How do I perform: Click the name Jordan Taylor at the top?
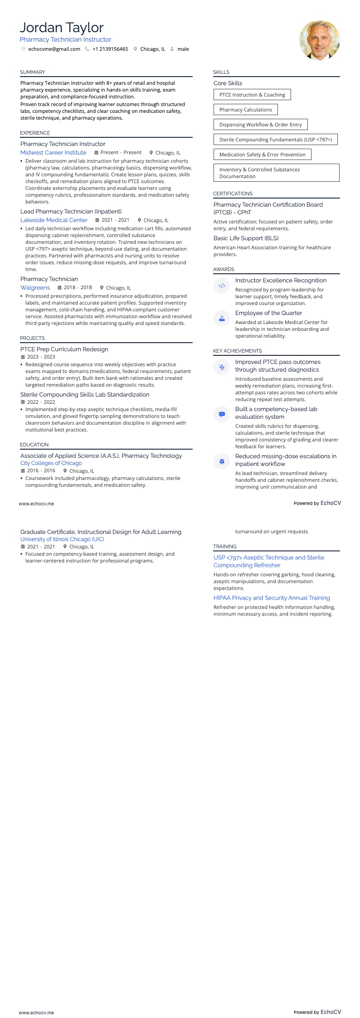[62, 28]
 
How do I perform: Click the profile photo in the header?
[319, 40]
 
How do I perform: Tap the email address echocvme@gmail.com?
[54, 49]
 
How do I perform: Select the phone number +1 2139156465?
[110, 49]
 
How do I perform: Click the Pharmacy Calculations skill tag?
[245, 110]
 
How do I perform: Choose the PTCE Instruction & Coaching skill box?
[252, 95]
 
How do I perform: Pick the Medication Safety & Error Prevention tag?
[262, 155]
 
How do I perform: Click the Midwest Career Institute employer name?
[53, 153]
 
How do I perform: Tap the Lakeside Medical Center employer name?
[54, 220]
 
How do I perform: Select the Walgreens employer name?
[35, 288]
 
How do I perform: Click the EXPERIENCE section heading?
[35, 133]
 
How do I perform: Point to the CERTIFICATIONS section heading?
[233, 194]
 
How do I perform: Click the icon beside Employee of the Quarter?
[222, 319]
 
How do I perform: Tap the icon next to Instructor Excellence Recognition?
[222, 286]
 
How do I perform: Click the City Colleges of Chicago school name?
[51, 463]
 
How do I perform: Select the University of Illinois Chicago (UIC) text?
[62, 539]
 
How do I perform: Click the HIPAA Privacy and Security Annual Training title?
[272, 598]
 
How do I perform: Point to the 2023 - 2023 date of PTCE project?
[41, 357]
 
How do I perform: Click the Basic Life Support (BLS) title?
[246, 238]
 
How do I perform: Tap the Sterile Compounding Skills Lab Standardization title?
[85, 395]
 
